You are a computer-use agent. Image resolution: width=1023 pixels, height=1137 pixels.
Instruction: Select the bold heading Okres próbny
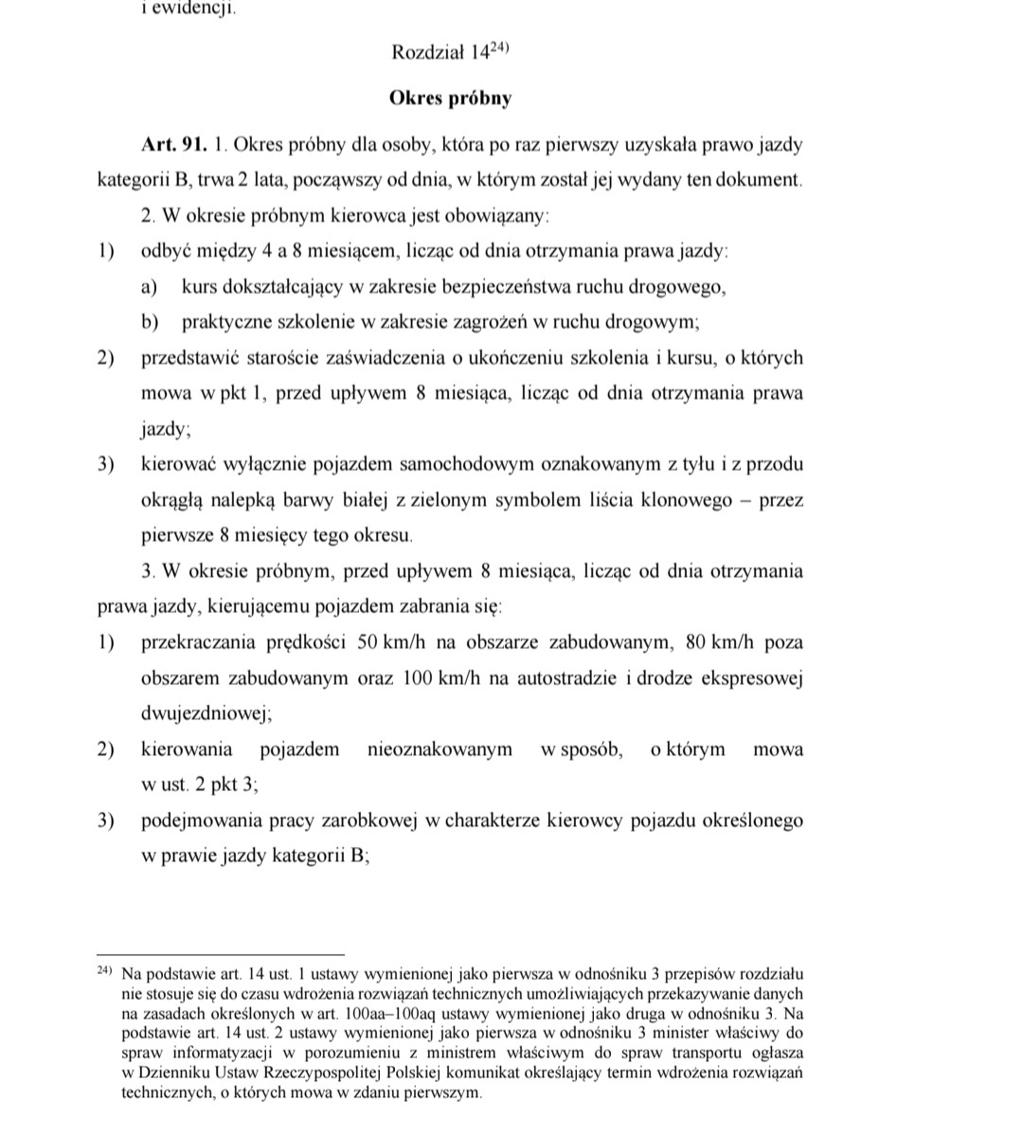451,98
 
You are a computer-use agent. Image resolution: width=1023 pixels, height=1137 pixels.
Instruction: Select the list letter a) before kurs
150,287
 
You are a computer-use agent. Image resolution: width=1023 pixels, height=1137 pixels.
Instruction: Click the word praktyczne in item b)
226,322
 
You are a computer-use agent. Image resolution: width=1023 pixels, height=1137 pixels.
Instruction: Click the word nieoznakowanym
440,749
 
